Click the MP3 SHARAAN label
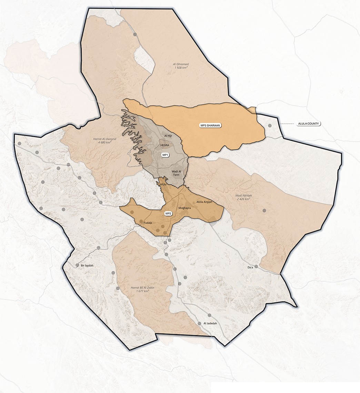(210, 125)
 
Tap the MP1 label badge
(166, 155)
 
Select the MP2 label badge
(169, 214)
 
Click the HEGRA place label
(164, 145)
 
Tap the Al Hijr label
(168, 136)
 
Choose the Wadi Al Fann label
(177, 173)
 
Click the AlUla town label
(163, 185)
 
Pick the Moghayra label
(184, 208)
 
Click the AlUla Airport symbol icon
(194, 202)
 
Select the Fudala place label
(148, 223)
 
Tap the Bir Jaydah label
(87, 266)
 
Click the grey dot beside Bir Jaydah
(77, 265)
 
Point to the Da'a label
(251, 267)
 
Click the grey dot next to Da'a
(256, 266)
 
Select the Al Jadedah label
(210, 323)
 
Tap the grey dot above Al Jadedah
(209, 316)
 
